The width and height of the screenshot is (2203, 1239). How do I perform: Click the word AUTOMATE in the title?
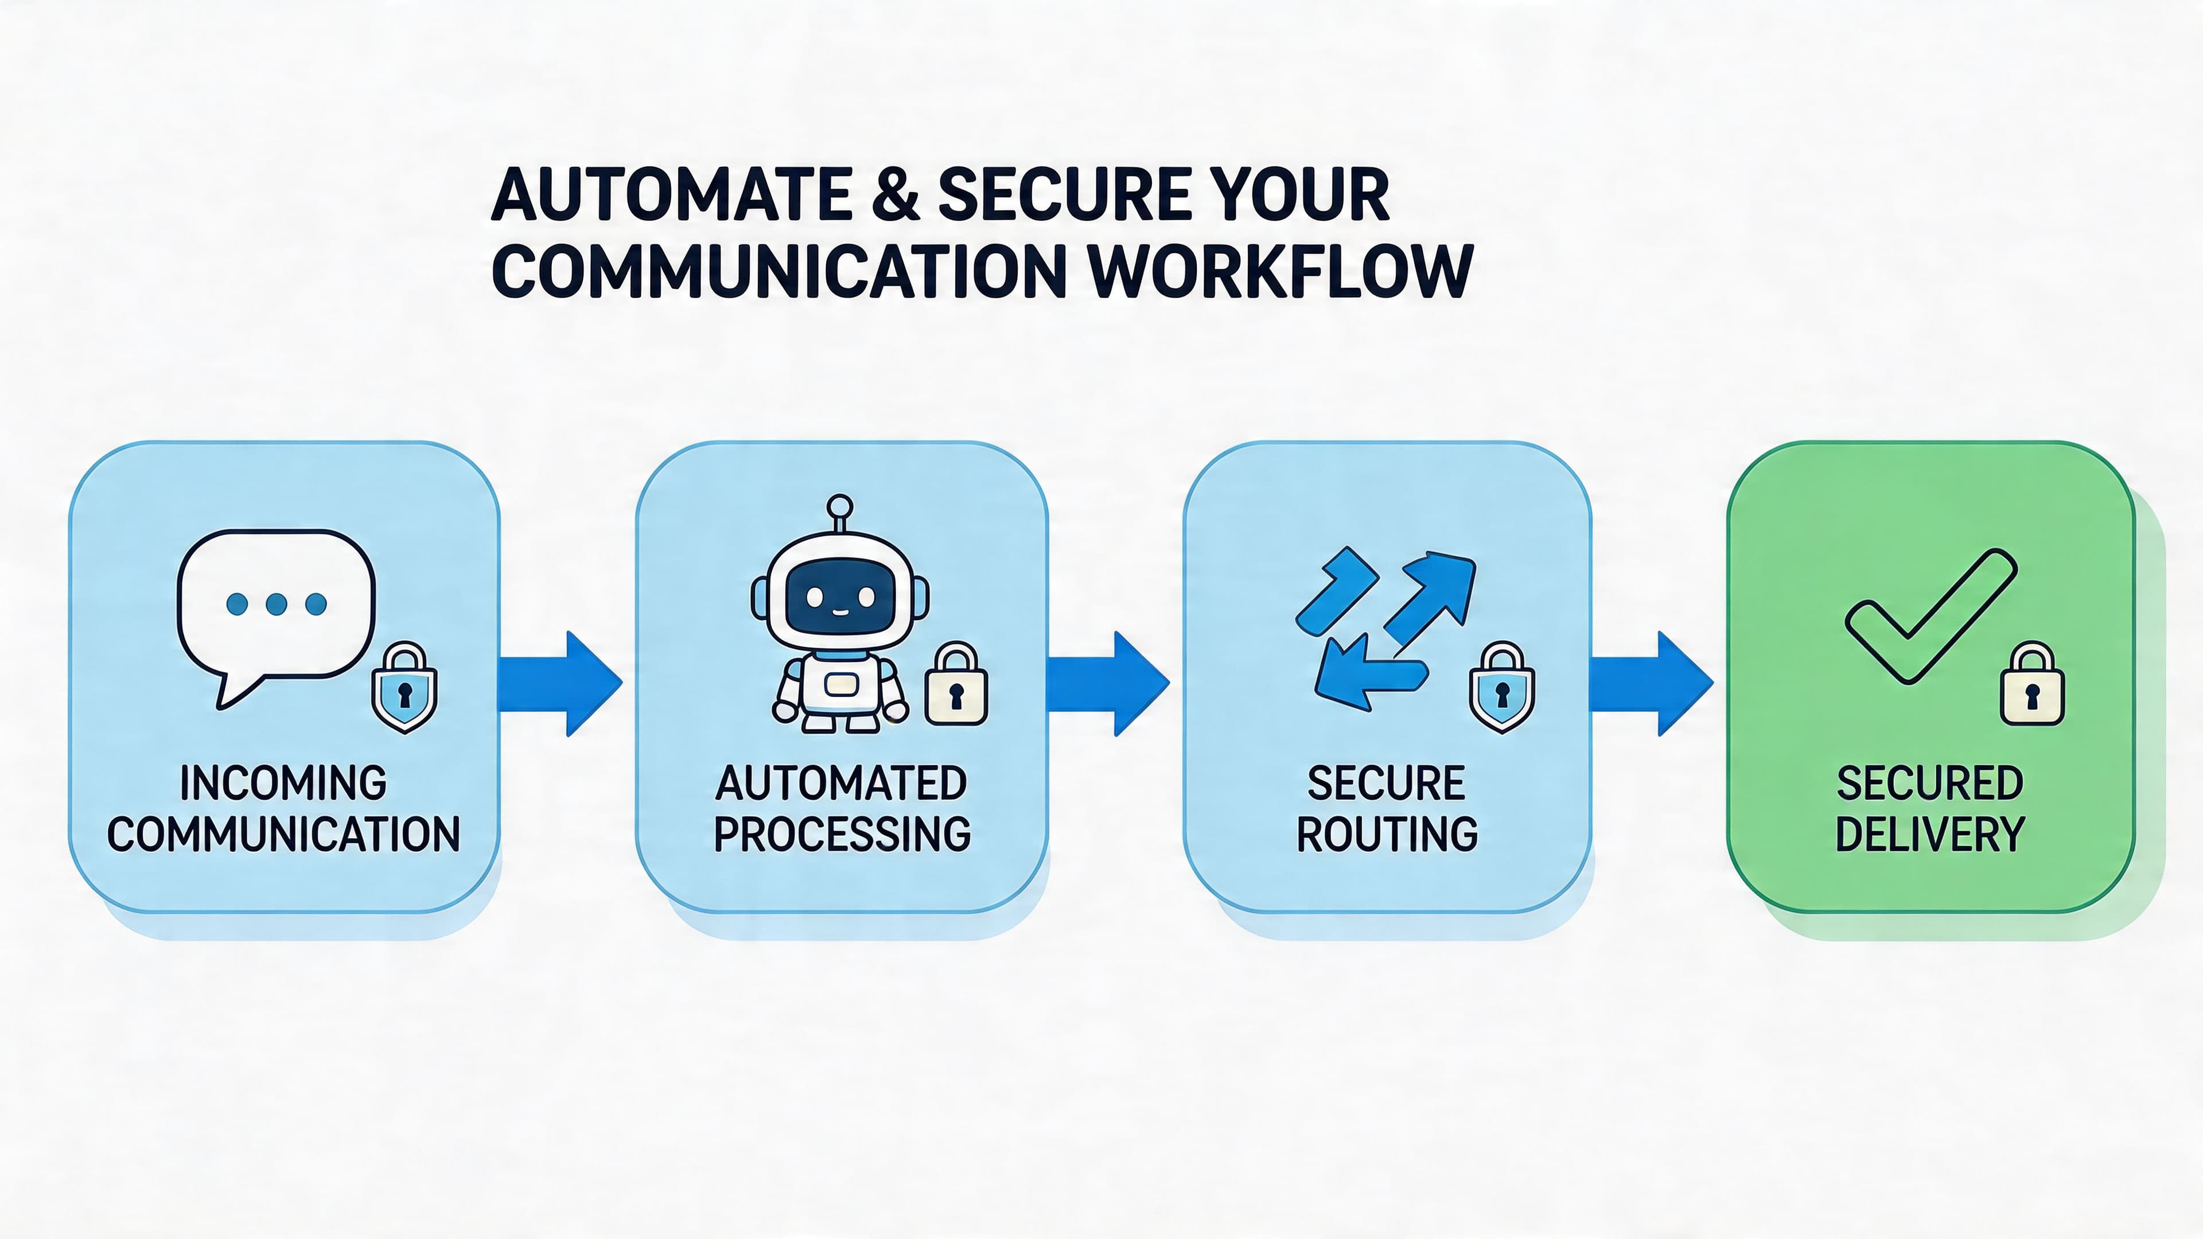pos(671,195)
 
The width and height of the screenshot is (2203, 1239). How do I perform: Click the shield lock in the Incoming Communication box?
pos(404,688)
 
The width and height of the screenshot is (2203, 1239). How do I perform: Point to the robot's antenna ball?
pos(840,505)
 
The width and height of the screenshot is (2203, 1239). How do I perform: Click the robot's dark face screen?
pos(840,597)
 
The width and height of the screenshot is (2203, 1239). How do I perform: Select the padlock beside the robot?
pos(956,687)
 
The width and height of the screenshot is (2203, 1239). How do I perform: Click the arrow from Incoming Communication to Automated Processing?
pos(560,684)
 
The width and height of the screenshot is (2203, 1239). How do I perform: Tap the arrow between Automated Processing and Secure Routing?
pos(1107,684)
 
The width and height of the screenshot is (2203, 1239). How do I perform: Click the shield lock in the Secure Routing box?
pos(1502,688)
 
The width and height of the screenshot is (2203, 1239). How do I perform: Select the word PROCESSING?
pos(842,835)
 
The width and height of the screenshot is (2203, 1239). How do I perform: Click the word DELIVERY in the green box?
pos(1930,835)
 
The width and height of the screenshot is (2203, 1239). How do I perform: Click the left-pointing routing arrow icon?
pos(1368,676)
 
